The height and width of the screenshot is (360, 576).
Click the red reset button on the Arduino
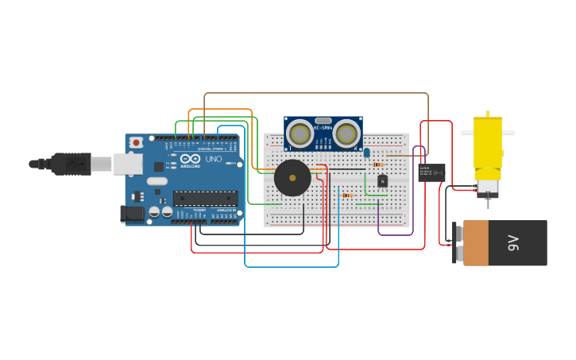click(136, 142)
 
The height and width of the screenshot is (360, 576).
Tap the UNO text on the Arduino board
click(214, 159)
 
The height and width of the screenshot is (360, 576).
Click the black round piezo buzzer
click(292, 178)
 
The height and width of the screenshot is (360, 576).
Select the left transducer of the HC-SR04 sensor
click(300, 134)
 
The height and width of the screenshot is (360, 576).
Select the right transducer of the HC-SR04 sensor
click(346, 134)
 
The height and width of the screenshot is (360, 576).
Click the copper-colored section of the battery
click(476, 243)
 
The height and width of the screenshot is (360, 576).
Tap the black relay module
click(431, 172)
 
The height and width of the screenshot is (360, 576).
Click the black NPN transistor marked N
click(382, 181)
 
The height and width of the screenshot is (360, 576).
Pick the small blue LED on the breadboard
click(367, 153)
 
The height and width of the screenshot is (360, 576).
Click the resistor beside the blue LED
click(378, 165)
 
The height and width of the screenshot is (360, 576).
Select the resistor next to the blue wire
click(347, 195)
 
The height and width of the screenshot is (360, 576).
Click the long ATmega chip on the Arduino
click(205, 199)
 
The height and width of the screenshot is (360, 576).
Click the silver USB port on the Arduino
click(127, 164)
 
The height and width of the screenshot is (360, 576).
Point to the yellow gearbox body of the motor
click(488, 143)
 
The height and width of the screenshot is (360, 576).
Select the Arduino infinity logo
click(190, 158)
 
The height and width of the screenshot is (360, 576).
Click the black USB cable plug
click(71, 164)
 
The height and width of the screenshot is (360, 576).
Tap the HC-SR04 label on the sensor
click(323, 128)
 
